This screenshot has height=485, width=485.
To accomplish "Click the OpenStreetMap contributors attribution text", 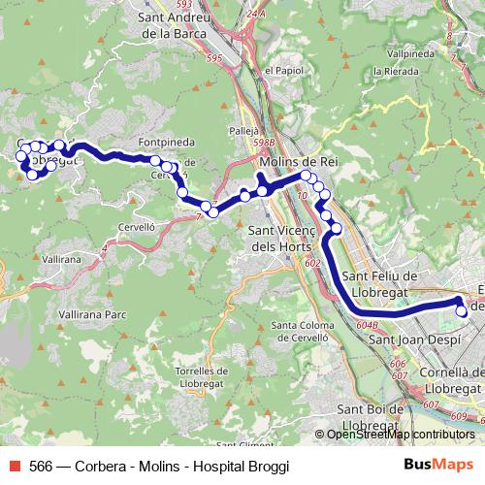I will (401, 435).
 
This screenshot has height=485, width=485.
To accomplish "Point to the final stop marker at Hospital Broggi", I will (462, 311).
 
